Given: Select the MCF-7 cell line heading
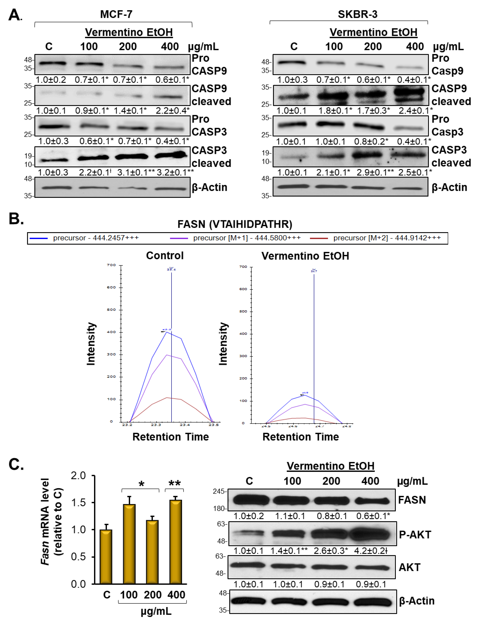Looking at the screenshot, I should tap(116, 14).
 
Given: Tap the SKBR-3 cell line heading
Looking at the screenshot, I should tap(357, 14).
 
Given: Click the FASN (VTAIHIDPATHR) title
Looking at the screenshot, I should tap(235, 224).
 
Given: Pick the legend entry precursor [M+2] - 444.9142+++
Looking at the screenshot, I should tap(387, 238).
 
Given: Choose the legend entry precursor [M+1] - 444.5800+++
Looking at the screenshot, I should tap(247, 238).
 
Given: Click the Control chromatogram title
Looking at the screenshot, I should tap(165, 255).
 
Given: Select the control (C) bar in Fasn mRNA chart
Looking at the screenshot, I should tap(106, 556).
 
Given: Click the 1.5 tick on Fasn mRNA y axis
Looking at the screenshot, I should tap(78, 503).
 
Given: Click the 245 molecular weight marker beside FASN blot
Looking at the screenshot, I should tap(219, 491).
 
